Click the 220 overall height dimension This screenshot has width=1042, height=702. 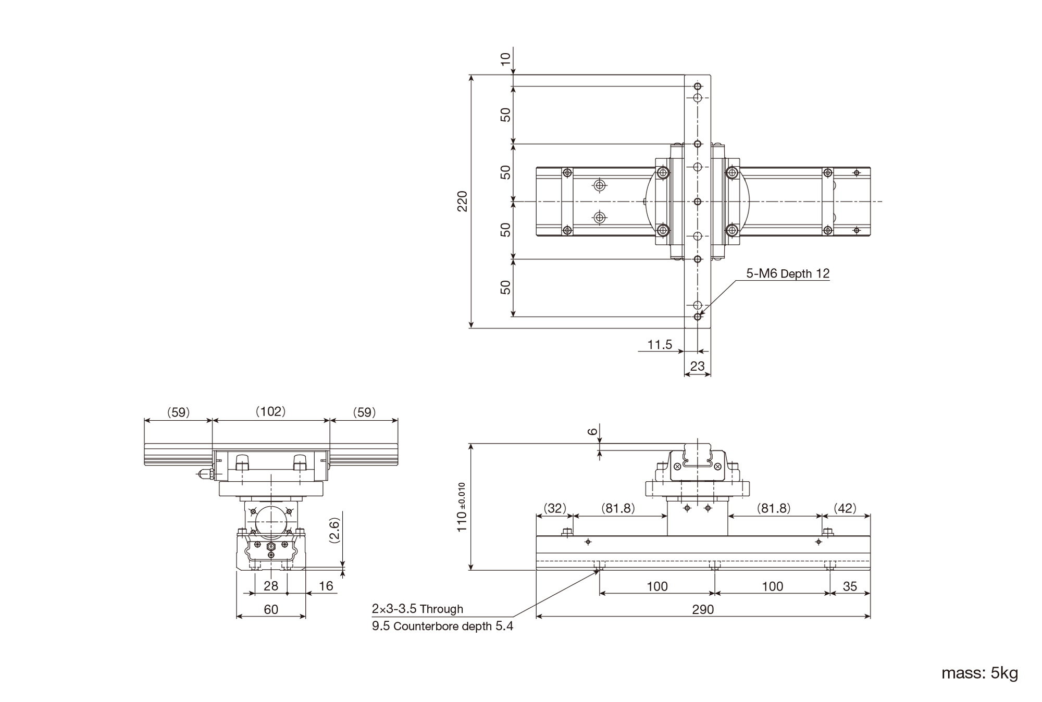tap(462, 201)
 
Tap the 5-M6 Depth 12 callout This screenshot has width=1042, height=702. tap(788, 273)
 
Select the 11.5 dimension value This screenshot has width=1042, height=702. tap(660, 344)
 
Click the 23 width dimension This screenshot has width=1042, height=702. tap(697, 366)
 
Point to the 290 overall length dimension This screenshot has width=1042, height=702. tap(703, 609)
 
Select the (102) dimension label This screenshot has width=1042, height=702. tap(271, 411)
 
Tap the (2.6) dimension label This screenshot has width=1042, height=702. tap(335, 531)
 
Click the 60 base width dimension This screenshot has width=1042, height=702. tap(271, 609)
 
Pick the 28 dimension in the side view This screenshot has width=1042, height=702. tap(271, 586)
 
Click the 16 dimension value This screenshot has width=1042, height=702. tap(326, 586)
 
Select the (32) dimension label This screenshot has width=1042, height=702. tap(554, 508)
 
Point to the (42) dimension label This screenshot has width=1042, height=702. tap(845, 508)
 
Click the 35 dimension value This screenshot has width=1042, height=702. tap(850, 586)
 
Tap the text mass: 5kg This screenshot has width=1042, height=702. tap(979, 673)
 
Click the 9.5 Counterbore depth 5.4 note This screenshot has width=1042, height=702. tap(442, 626)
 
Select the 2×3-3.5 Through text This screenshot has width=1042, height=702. tap(417, 609)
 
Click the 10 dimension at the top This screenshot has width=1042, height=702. tap(505, 59)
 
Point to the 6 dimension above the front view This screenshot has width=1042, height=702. tap(592, 432)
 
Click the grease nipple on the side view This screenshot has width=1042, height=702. tap(205, 473)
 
